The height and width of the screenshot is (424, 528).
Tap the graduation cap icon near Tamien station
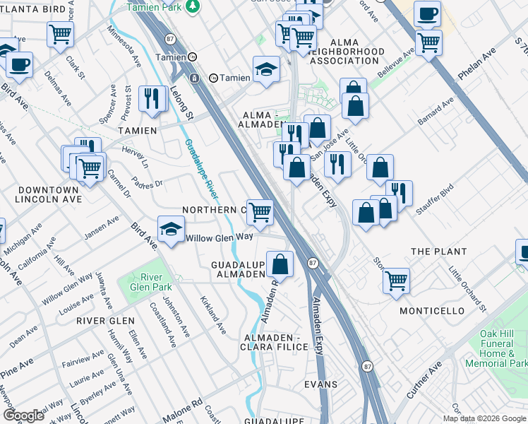tap(266, 69)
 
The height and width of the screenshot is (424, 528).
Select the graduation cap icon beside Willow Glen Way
tap(171, 229)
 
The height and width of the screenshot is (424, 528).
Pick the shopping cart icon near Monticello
tap(396, 279)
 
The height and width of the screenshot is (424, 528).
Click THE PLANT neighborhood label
tap(438, 252)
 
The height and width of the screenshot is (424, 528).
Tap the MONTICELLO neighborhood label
tap(432, 311)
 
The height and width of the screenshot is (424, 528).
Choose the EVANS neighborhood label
tap(320, 384)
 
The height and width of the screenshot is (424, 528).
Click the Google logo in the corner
tap(23, 416)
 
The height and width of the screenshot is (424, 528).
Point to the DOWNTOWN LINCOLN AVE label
tap(48, 196)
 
